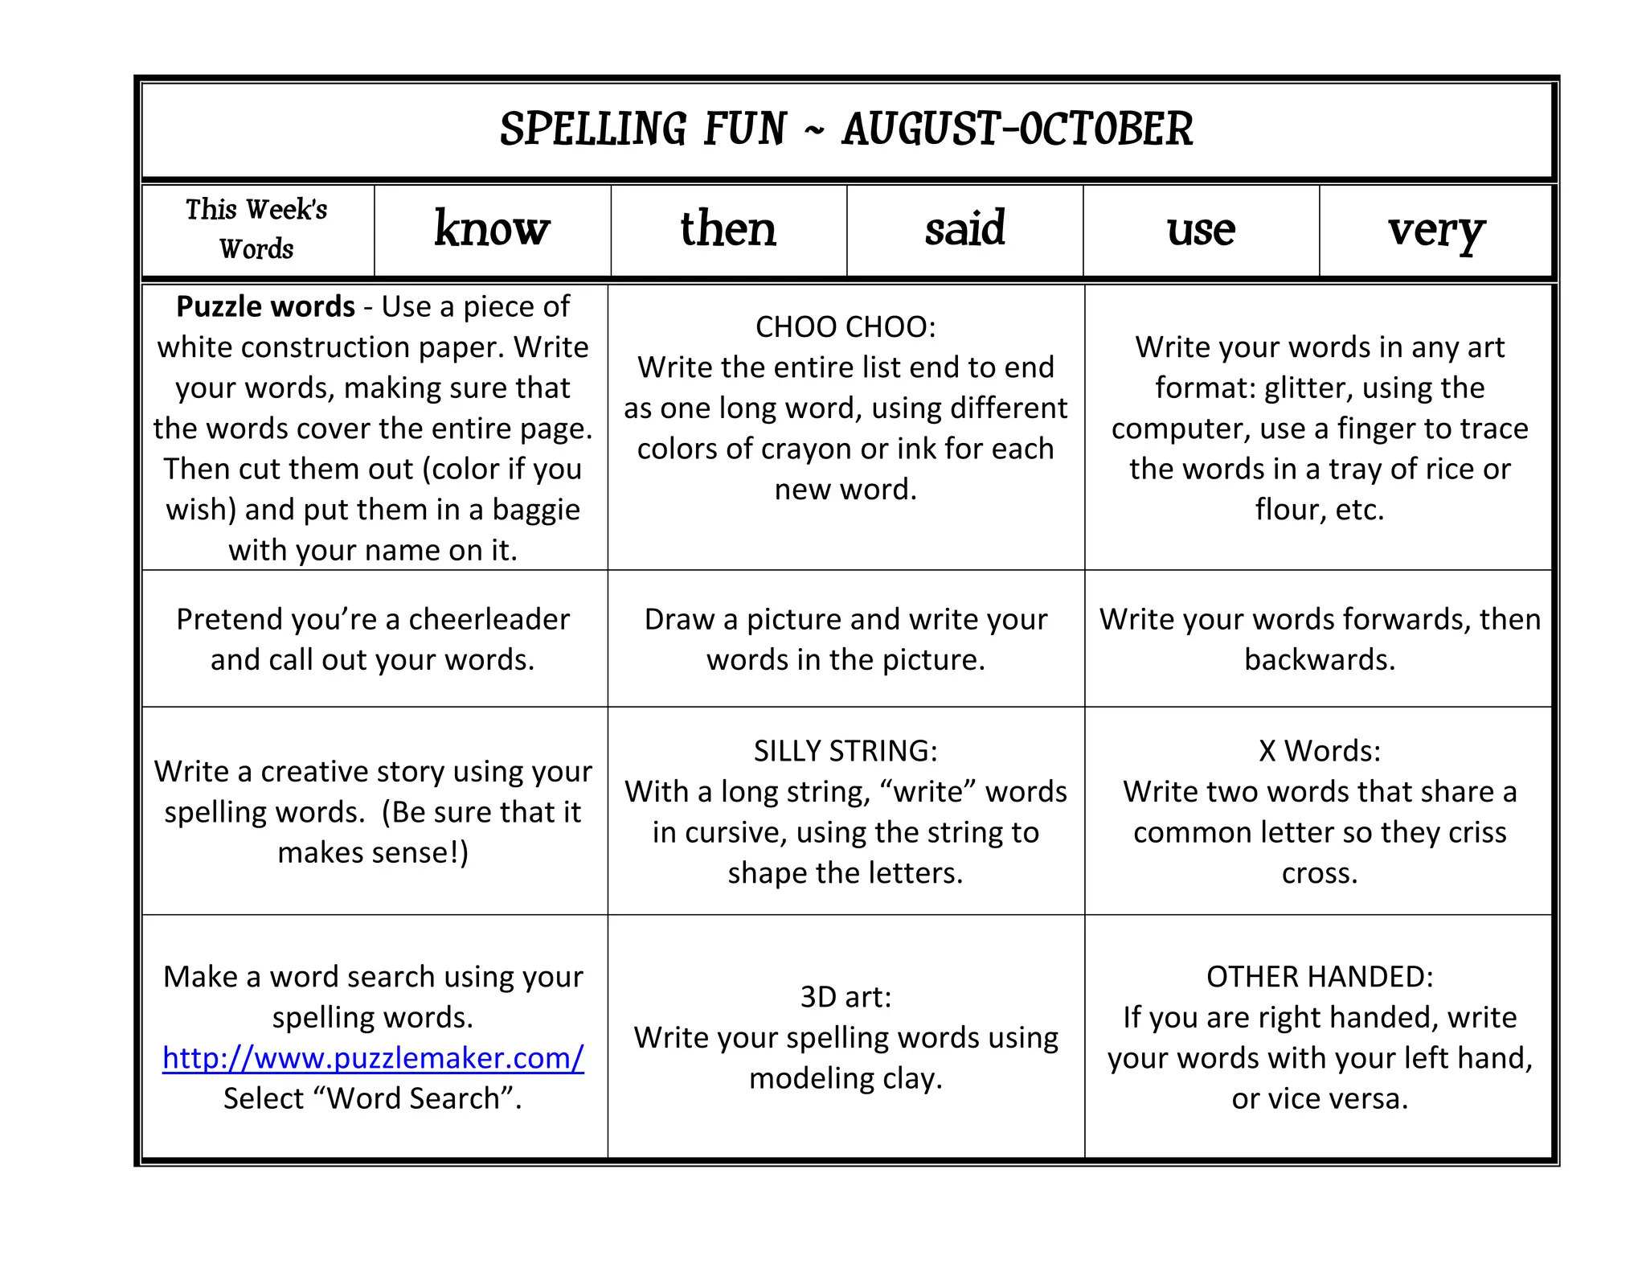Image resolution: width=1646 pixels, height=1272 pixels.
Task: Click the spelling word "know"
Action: point(492,230)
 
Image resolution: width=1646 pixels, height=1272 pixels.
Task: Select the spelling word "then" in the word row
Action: point(728,229)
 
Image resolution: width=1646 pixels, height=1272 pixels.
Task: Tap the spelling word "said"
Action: point(964,229)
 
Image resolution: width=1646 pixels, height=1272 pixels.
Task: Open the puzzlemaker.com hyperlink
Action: point(373,1058)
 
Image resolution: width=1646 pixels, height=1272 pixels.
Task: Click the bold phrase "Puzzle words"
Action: point(265,307)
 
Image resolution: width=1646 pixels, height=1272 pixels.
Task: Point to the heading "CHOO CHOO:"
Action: point(846,327)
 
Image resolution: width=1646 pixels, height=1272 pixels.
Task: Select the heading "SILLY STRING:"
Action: point(846,751)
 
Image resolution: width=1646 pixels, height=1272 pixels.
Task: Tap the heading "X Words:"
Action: point(1320,751)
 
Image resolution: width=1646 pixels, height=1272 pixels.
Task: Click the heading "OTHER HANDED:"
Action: point(1320,977)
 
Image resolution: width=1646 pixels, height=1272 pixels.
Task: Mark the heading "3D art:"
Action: point(846,997)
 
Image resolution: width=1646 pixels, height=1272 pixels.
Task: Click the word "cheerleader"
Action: point(489,619)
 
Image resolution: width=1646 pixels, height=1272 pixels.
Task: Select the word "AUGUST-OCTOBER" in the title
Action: point(1017,129)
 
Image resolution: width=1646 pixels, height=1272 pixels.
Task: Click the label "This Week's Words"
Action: point(257,229)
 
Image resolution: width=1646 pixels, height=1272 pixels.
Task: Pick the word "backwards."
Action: point(1320,660)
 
